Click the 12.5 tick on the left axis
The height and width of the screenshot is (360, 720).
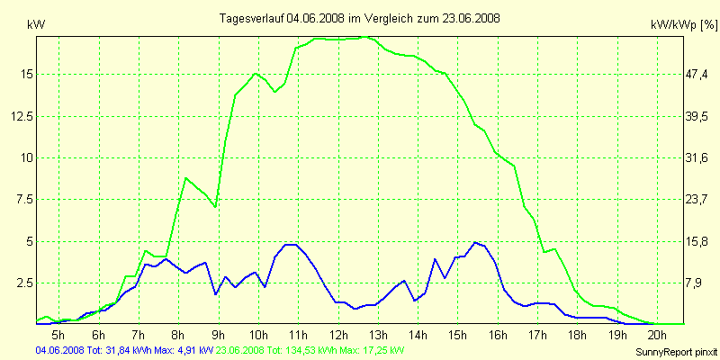(x=21, y=115)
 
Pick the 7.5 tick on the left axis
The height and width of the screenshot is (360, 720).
(x=24, y=199)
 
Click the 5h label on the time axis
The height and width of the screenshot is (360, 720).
(x=58, y=335)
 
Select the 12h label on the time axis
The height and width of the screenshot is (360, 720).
(x=338, y=335)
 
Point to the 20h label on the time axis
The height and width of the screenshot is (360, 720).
(x=658, y=335)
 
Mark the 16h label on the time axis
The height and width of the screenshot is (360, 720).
(x=498, y=335)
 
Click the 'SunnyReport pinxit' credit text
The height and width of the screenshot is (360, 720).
(x=676, y=351)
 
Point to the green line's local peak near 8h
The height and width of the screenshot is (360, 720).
(x=186, y=178)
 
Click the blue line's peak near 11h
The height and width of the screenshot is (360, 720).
(x=289, y=244)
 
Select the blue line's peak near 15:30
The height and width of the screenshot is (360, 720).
(x=476, y=242)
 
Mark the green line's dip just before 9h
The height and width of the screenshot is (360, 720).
(x=215, y=207)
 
